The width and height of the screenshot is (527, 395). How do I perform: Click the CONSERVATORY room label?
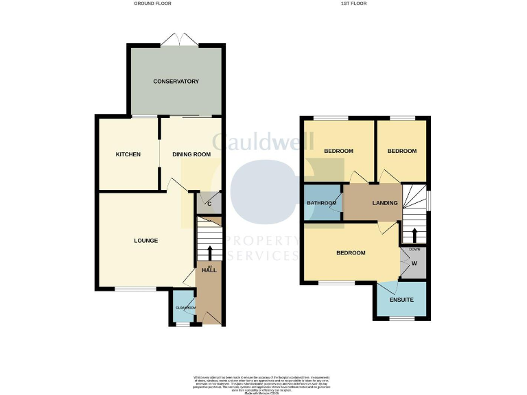176,82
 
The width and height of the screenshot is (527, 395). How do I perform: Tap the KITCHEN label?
128,154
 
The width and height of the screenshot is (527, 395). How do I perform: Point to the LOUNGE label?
145,241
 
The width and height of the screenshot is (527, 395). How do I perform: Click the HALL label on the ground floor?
209,271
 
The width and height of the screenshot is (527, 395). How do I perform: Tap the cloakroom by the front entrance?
184,308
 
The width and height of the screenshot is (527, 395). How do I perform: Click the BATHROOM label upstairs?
322,203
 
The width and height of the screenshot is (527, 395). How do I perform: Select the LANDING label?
385,203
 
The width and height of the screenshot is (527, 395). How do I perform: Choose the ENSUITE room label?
401,300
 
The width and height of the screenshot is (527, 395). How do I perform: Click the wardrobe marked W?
414,263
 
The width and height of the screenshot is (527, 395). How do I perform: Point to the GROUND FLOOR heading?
152,3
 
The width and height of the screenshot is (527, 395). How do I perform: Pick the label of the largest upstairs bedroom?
351,253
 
